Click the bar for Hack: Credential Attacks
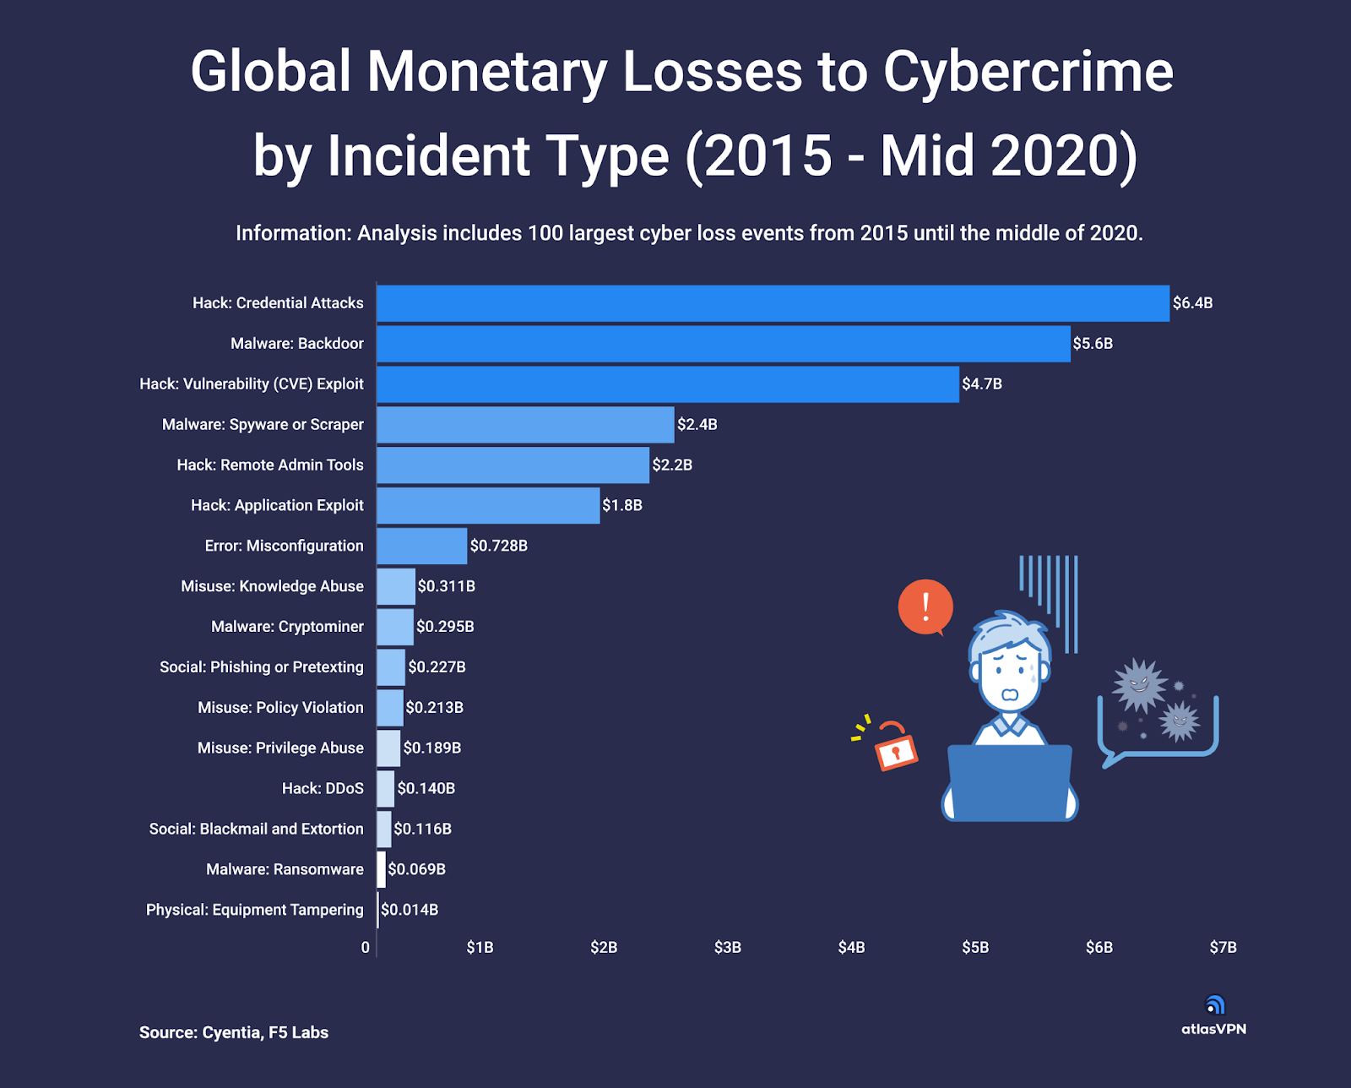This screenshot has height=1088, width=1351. (x=773, y=303)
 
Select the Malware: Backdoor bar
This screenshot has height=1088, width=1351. (x=723, y=344)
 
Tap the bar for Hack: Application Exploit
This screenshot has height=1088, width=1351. (x=488, y=505)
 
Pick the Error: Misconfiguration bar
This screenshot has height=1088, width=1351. (x=421, y=546)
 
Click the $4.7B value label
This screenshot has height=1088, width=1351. (x=982, y=384)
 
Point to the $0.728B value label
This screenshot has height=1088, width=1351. (x=499, y=546)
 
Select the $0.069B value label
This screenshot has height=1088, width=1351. (x=417, y=869)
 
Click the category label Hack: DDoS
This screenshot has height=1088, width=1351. (x=323, y=788)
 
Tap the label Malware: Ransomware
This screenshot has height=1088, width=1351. (x=285, y=869)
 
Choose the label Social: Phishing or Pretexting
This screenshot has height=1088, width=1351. (x=261, y=667)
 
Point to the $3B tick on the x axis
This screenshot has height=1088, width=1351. (x=728, y=948)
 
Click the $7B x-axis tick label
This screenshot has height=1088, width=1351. (x=1223, y=948)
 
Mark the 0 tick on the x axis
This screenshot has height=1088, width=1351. (x=366, y=948)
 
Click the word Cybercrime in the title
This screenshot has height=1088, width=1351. (x=1028, y=72)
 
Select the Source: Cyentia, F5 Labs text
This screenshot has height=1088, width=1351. (x=234, y=1032)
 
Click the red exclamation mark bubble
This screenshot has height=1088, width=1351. (x=925, y=607)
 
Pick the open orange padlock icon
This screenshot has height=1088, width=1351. (x=894, y=746)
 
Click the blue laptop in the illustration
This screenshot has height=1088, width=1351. (x=1010, y=782)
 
